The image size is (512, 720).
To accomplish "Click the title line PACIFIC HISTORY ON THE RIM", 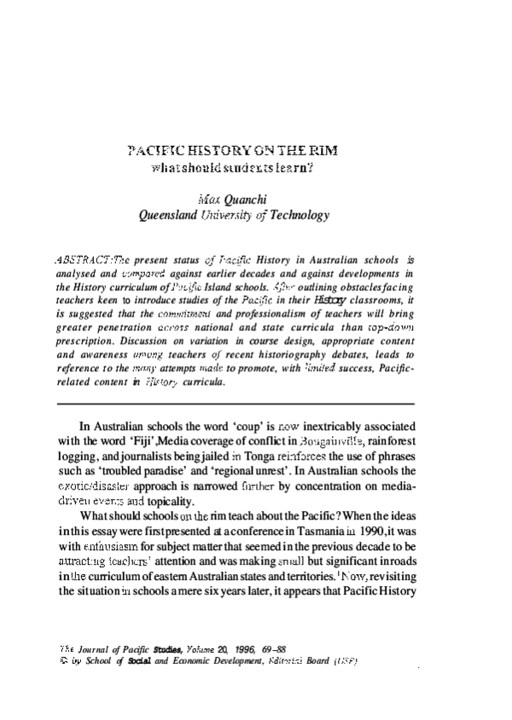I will pyautogui.click(x=231, y=151).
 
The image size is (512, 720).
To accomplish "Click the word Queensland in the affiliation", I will pyautogui.click(x=171, y=216).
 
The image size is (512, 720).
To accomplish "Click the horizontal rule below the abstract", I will pyautogui.click(x=234, y=403).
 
